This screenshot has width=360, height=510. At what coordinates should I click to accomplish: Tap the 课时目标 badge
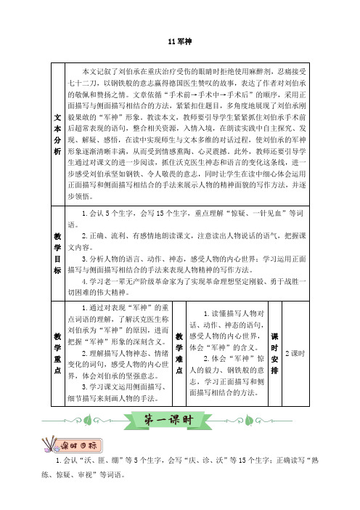pos(79,445)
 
